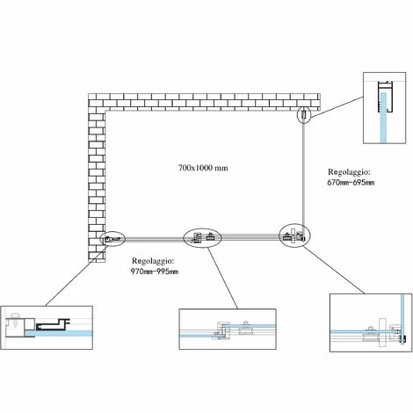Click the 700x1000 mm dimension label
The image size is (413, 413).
203,168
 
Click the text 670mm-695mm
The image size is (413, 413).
351,183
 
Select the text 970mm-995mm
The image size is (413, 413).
155,272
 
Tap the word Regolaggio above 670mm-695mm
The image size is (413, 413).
349,171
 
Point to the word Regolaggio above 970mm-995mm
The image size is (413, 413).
153,261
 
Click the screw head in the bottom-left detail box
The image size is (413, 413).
15,315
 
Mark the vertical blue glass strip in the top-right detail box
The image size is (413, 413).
383,118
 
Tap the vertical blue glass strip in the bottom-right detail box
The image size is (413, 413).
402,319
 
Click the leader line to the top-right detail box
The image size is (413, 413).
337,107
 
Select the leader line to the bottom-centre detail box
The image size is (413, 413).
223,279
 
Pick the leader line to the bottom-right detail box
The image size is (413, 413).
334,270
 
